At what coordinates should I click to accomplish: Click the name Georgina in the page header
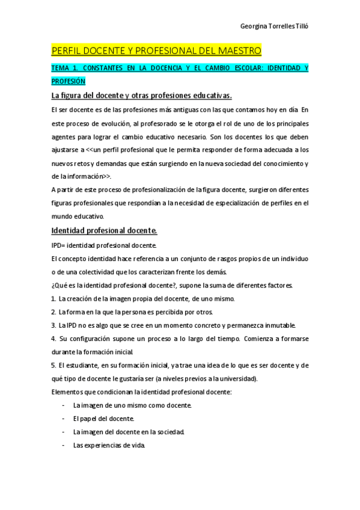pyautogui.click(x=254, y=26)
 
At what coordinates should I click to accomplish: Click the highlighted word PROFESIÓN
pyautogui.click(x=69, y=81)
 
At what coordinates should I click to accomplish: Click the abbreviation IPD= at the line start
pyautogui.click(x=58, y=245)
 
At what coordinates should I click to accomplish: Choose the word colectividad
pyautogui.click(x=81, y=272)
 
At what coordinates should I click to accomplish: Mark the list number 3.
pyautogui.click(x=53, y=325)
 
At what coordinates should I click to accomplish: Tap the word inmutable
pyautogui.click(x=278, y=325)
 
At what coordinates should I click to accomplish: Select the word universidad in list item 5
pyautogui.click(x=238, y=379)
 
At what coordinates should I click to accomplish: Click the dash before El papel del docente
pyautogui.click(x=63, y=419)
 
